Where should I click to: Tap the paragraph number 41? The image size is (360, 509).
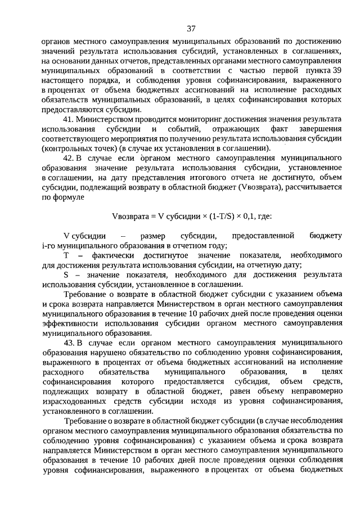tap(70, 120)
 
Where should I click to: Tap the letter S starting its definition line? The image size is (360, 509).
tap(66, 275)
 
